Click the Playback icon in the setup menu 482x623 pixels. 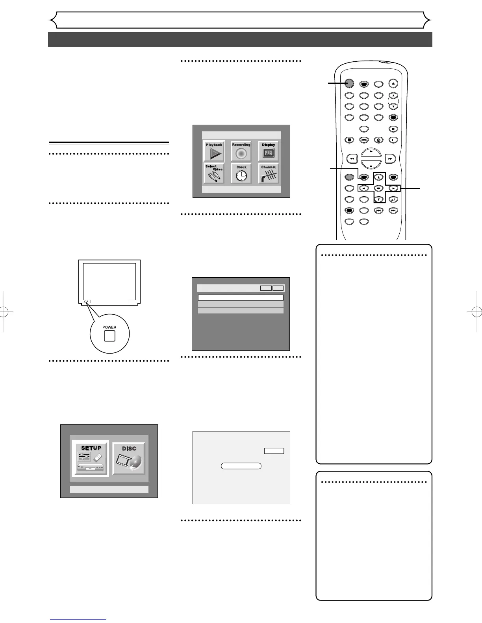coord(214,151)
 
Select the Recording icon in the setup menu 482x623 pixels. coord(241,151)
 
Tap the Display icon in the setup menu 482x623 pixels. coord(269,151)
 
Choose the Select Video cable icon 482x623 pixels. coord(214,174)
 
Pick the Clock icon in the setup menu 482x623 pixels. coord(241,174)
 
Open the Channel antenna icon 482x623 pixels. coord(269,174)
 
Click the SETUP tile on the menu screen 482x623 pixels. coord(91,459)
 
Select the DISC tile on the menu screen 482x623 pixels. coord(129,459)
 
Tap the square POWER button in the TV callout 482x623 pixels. coord(109,336)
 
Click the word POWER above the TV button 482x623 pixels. coord(109,327)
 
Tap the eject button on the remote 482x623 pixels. coord(393,83)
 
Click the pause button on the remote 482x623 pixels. coord(393,140)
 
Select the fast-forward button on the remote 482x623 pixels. coord(390,159)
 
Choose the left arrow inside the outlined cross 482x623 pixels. coord(364,188)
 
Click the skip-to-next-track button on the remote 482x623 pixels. coord(393,210)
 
